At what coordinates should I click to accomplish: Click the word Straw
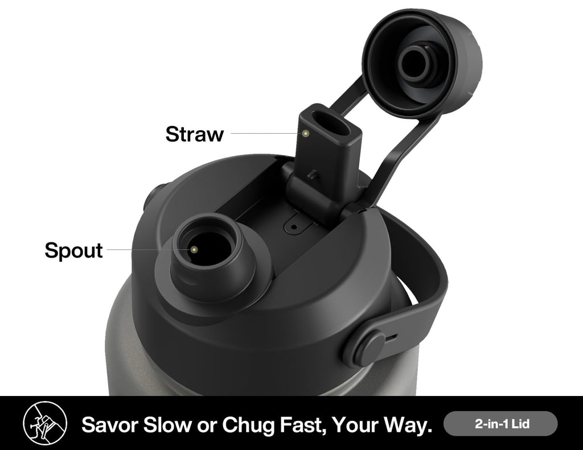(195, 134)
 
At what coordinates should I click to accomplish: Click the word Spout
(73, 250)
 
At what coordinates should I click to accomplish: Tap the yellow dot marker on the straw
(306, 133)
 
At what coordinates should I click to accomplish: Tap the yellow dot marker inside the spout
(194, 249)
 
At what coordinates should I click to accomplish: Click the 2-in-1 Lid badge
(500, 424)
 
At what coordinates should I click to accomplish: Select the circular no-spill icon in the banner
(45, 423)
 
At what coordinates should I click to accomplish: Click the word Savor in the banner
(110, 424)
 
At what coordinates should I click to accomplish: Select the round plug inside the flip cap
(416, 62)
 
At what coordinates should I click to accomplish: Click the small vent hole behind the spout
(294, 226)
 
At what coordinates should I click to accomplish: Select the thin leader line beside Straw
(266, 133)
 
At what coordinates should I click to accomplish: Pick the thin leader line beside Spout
(149, 249)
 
